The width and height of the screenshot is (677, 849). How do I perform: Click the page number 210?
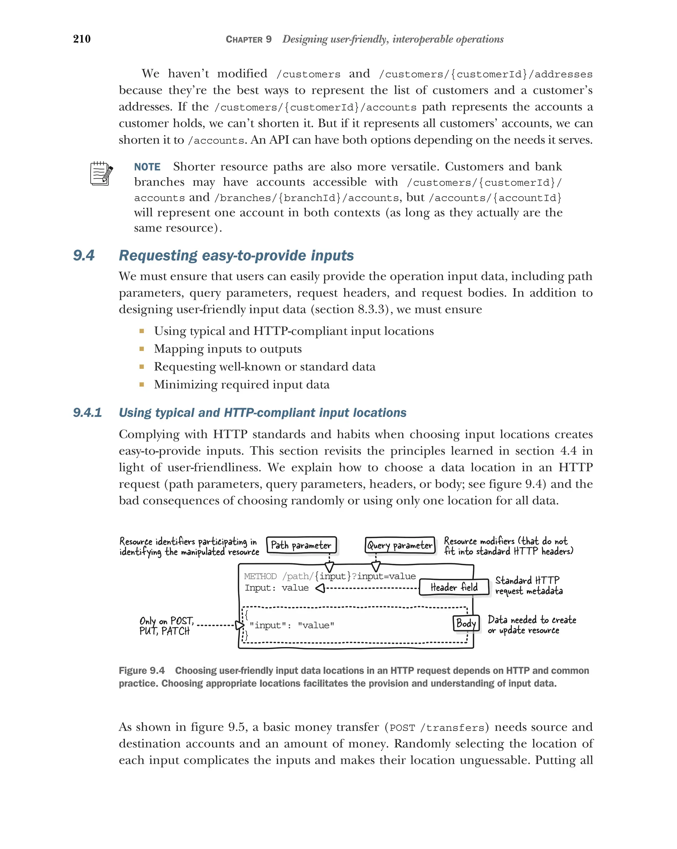tap(82, 39)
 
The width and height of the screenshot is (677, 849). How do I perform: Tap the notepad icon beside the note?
tap(101, 173)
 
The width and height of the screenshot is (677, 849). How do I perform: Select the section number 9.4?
tap(84, 255)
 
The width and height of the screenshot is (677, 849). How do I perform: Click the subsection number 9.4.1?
tap(87, 413)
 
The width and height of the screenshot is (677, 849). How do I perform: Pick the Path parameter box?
tap(301, 545)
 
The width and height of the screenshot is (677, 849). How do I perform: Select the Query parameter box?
tap(400, 545)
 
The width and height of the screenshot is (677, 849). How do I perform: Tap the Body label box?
tap(466, 623)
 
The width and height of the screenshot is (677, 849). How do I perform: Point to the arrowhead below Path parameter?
tap(329, 567)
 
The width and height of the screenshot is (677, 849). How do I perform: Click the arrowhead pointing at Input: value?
tap(320, 588)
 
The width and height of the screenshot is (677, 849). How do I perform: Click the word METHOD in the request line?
tap(260, 576)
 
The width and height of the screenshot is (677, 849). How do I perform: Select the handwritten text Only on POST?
tap(167, 621)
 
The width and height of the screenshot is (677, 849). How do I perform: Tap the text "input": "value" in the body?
tap(292, 625)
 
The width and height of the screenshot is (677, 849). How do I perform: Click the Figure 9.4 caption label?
tap(141, 671)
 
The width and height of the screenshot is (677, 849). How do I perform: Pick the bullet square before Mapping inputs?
tap(141, 349)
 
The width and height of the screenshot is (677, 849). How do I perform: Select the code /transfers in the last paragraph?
tap(453, 728)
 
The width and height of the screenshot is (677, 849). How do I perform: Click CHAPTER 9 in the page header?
tap(248, 39)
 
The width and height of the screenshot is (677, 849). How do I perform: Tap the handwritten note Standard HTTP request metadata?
tap(528, 586)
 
